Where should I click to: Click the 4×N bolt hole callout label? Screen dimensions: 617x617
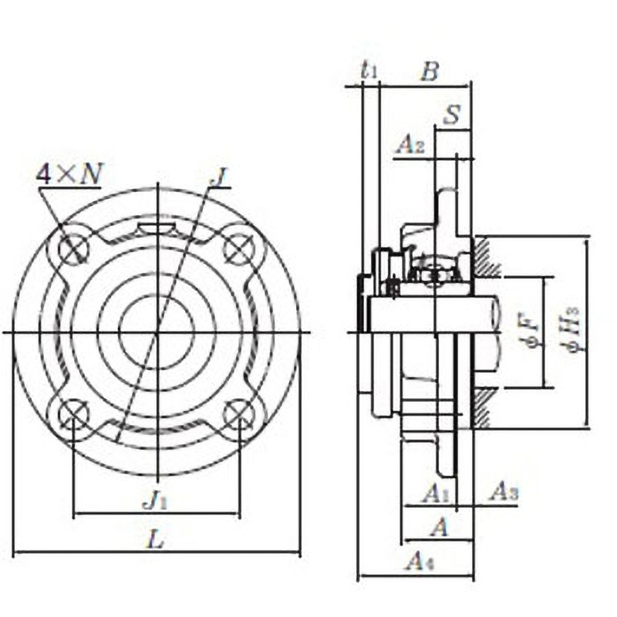[x=69, y=174]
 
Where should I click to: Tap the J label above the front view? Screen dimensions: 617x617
[x=221, y=177]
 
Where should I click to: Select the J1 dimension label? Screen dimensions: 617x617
[x=156, y=501]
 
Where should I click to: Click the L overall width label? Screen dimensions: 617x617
[x=156, y=541]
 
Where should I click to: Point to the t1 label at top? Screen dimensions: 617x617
[x=370, y=71]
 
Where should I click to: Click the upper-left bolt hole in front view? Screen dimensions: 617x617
[x=74, y=248]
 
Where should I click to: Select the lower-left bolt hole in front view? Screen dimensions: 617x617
[x=74, y=415]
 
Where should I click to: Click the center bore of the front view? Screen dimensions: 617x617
[x=157, y=332]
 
